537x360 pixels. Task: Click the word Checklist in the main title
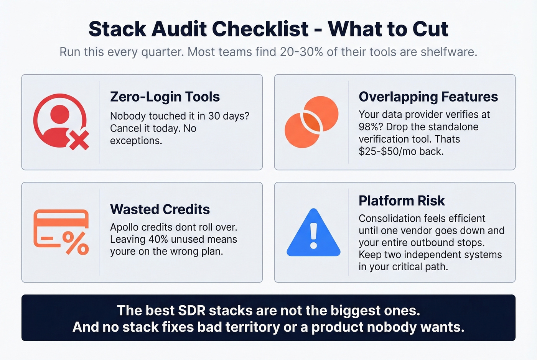260,29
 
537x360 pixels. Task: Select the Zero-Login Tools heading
165,97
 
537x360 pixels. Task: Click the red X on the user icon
79,140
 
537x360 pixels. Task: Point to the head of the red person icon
60,114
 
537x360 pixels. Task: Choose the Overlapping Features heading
428,97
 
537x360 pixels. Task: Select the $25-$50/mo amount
387,151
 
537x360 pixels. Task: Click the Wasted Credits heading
160,209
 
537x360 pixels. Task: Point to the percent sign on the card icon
76,243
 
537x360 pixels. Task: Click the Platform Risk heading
402,201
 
